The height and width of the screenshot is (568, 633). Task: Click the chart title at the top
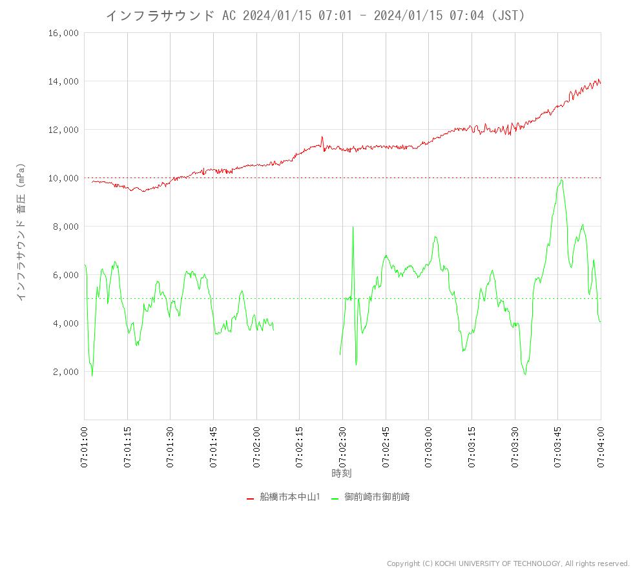click(315, 15)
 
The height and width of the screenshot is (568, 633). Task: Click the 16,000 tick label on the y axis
click(63, 33)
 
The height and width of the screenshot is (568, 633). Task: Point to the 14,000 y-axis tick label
click(63, 81)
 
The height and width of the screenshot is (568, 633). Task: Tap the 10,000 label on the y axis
click(63, 178)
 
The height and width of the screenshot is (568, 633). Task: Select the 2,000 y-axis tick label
click(65, 372)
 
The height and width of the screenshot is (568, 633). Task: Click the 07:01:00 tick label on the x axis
click(85, 445)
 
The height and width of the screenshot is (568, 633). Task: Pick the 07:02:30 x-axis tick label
click(343, 445)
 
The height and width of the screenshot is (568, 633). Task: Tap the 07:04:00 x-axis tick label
click(601, 445)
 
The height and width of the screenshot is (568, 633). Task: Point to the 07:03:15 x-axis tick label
click(472, 445)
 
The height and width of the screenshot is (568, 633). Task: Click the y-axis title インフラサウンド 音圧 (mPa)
click(21, 231)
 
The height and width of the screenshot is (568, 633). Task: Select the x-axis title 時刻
click(342, 473)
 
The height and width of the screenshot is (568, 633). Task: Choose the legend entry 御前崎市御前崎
click(377, 497)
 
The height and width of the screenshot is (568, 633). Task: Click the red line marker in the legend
click(250, 498)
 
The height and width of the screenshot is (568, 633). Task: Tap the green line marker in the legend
click(335, 498)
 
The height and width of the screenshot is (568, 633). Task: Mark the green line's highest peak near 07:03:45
click(562, 180)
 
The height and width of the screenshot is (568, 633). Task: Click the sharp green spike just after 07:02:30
click(353, 227)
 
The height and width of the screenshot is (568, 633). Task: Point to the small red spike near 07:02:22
click(322, 137)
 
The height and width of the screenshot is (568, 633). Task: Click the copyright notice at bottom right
click(508, 563)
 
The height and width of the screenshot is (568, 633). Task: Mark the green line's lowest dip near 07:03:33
click(525, 374)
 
